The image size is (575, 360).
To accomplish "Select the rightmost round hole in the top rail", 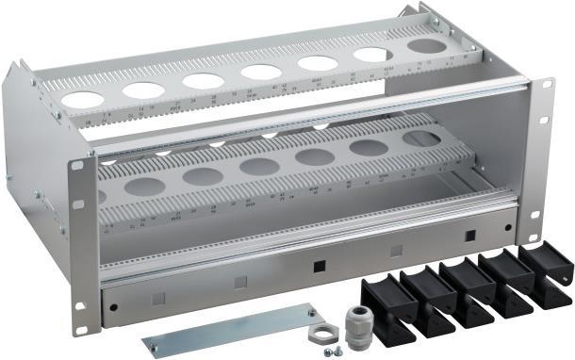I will pyautogui.click(x=427, y=45).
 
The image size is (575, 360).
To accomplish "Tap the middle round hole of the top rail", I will pyautogui.click(x=260, y=72).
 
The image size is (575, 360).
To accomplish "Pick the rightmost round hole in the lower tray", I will pyautogui.click(x=421, y=139).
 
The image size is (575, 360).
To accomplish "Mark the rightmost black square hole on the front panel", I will pyautogui.click(x=468, y=236).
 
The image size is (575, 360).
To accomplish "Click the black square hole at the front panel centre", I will pyautogui.click(x=319, y=265).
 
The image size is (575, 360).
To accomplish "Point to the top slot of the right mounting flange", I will pyautogui.click(x=546, y=86).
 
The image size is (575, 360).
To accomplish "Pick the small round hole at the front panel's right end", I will pyautogui.click(x=508, y=227).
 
